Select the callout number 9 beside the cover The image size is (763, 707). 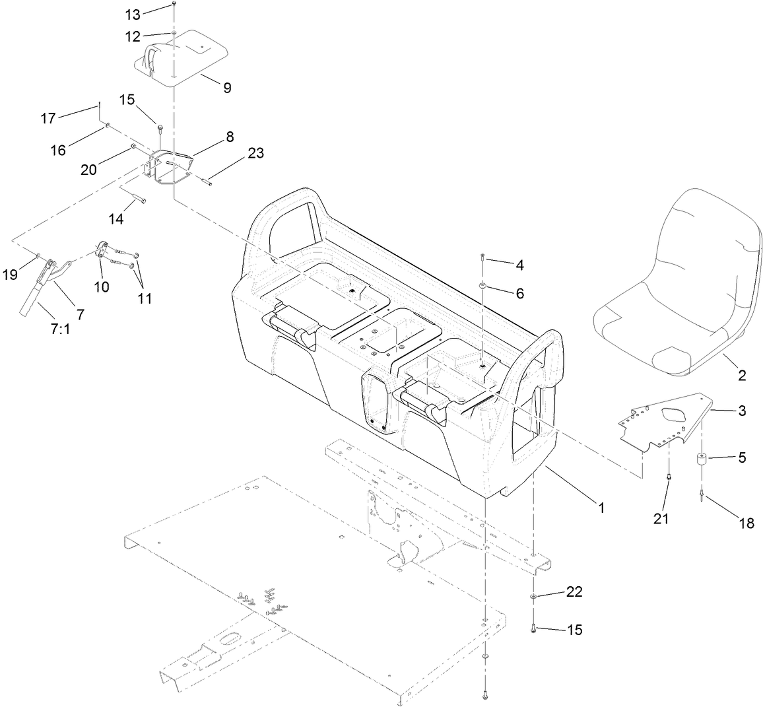(227, 88)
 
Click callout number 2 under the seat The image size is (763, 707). (742, 376)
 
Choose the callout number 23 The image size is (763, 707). (255, 153)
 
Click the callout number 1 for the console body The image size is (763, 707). (600, 508)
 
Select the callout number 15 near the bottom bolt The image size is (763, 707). (574, 630)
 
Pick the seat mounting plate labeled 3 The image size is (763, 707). (667, 422)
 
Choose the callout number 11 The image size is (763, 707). (145, 298)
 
